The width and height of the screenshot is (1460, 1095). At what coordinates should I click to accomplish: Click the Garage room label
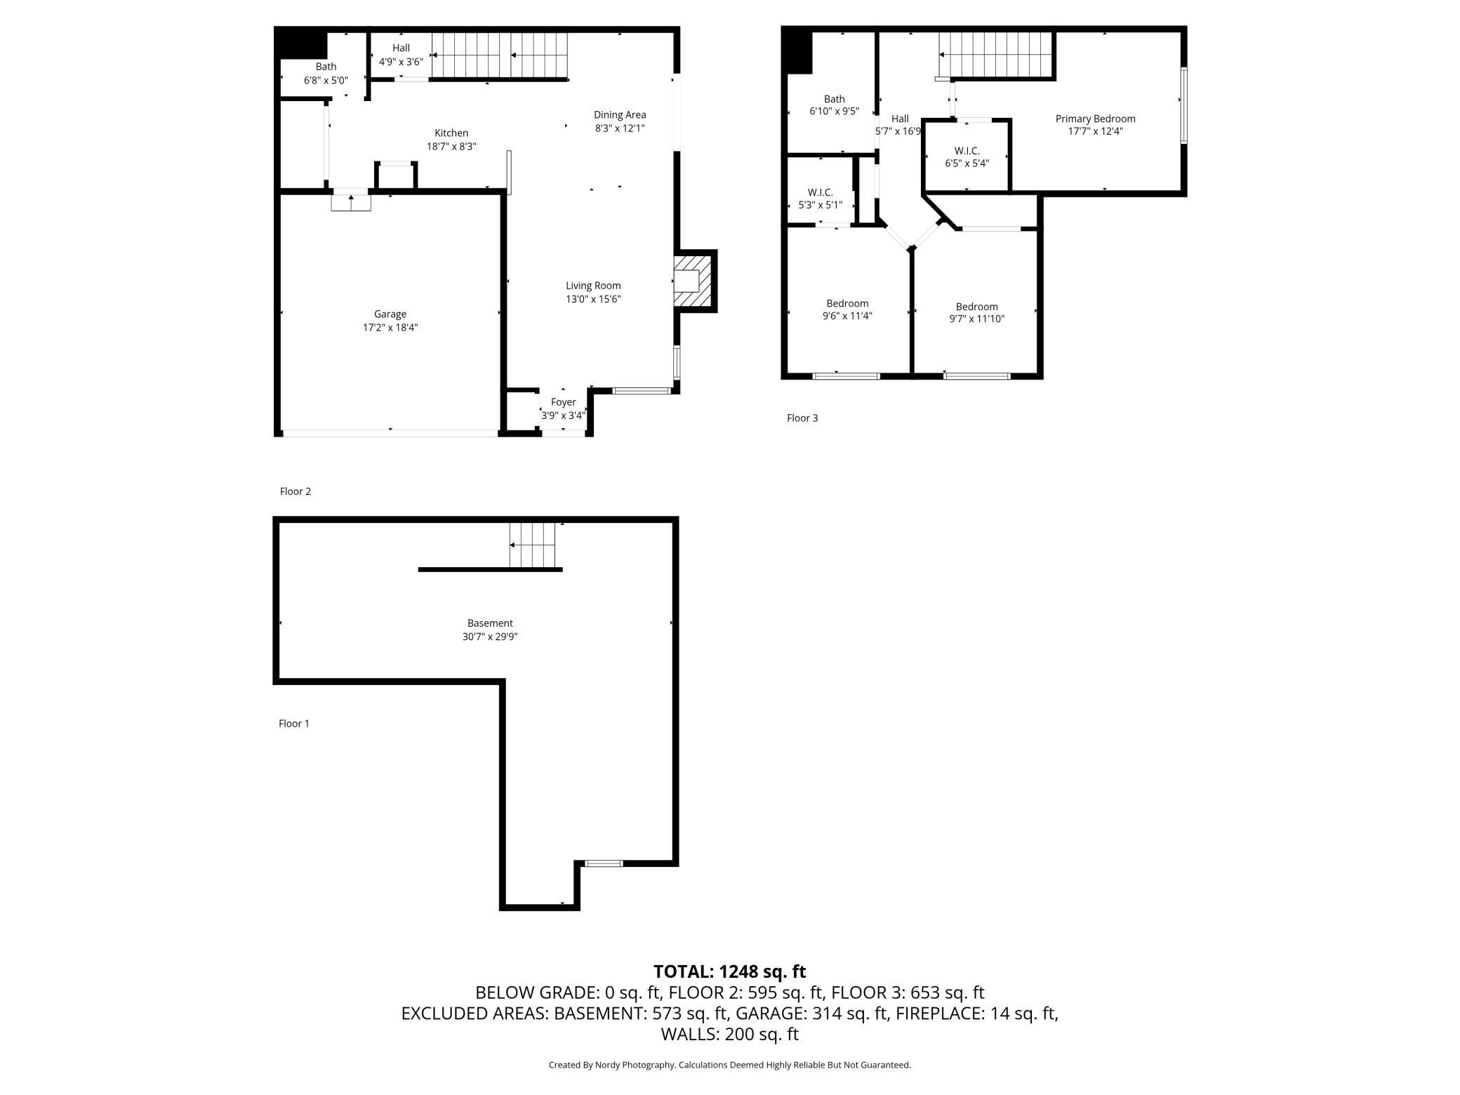pos(390,314)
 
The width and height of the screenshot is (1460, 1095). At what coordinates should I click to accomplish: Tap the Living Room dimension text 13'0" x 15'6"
pos(593,299)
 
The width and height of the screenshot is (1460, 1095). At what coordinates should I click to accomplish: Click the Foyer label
pos(563,402)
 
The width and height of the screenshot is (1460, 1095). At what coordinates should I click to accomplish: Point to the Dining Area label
pos(620,114)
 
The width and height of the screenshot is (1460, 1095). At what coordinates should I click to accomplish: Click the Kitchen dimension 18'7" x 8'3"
pos(451,147)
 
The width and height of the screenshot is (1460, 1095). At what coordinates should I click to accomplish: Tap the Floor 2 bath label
pos(326,67)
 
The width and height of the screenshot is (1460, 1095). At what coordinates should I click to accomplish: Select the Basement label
pos(490,623)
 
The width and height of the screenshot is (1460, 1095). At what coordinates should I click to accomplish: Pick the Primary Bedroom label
pos(1095,119)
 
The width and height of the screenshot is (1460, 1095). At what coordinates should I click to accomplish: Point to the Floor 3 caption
pos(802,418)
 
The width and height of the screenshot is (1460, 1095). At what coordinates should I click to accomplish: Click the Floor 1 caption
pos(294,724)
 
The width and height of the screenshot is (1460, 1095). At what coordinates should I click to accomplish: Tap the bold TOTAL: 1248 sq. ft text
pos(730,971)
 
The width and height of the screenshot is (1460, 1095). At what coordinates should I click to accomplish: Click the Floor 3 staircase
pos(997,55)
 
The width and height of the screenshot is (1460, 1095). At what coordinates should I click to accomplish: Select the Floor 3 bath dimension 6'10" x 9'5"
pos(835,112)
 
